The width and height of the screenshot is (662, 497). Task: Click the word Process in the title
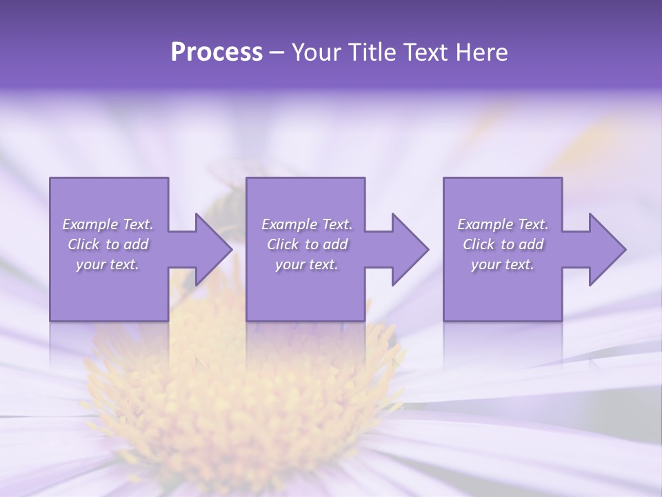coord(217,52)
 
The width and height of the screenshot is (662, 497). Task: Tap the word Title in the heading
coord(370,52)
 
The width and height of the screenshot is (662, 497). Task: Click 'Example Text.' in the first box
coord(108,224)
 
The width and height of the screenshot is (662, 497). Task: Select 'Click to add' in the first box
coord(108,244)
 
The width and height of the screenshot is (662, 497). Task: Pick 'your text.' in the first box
coord(108,264)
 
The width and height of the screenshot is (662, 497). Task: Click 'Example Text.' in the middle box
coord(307,224)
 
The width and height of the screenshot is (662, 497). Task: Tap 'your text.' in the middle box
coord(307,264)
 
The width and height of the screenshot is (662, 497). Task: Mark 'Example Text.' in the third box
coord(503,224)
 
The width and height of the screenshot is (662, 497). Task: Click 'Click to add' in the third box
coord(503,244)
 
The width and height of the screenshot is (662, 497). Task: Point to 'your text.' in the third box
coord(503,264)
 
